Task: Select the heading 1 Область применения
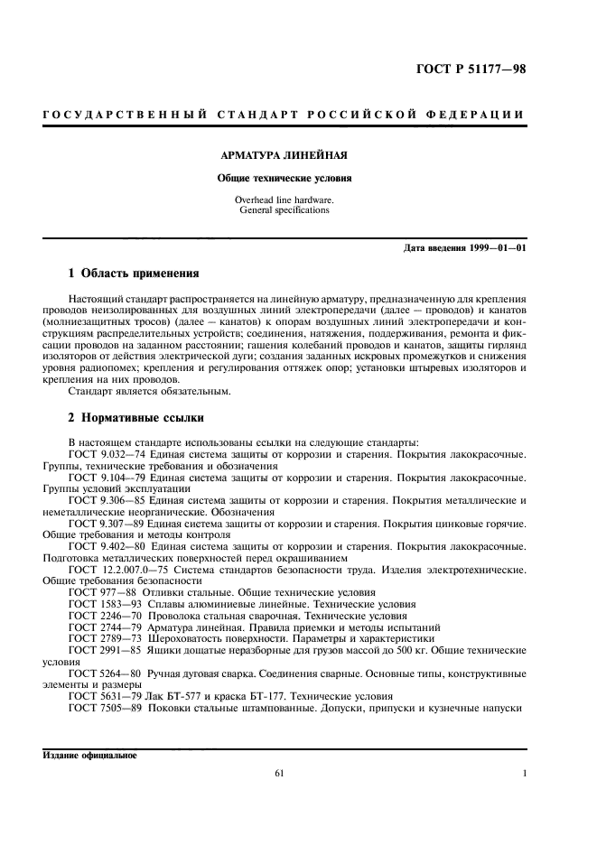click(134, 273)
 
